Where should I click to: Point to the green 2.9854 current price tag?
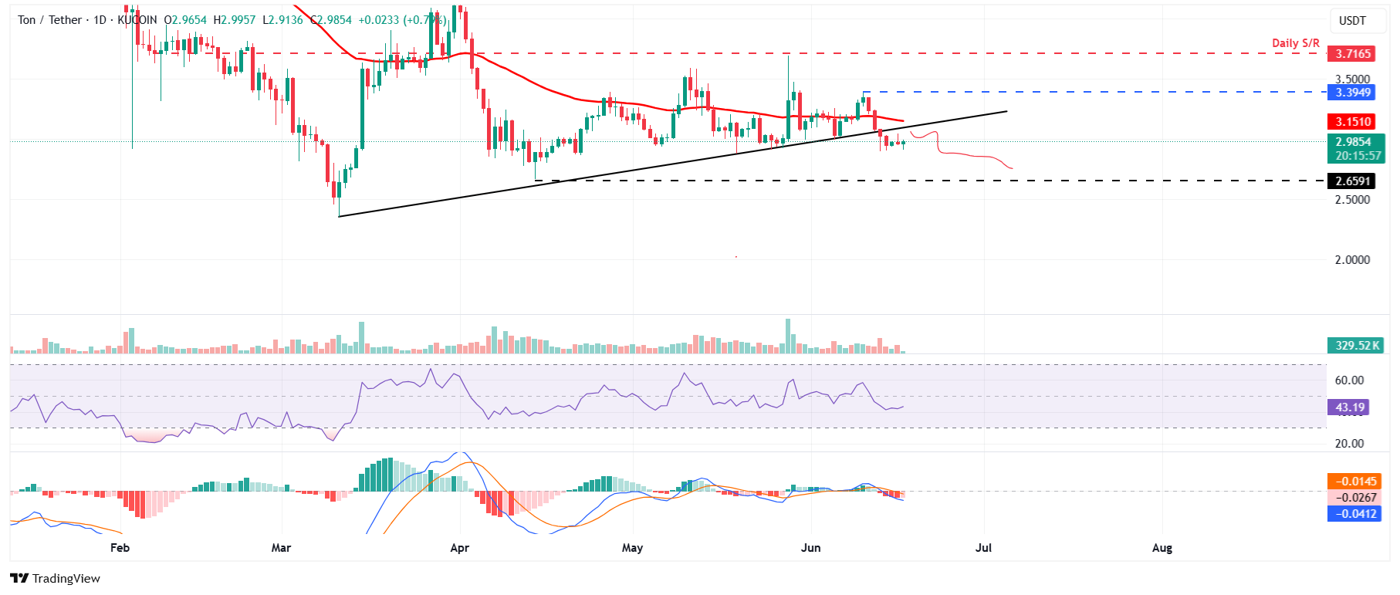(1354, 142)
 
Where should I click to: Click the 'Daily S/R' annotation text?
(1296, 43)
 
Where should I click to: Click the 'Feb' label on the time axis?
(120, 548)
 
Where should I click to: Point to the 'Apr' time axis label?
(459, 548)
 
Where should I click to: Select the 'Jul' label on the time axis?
(983, 548)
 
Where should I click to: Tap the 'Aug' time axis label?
(1162, 548)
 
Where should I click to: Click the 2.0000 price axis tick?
(1352, 260)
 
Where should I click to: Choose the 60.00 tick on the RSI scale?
(1349, 380)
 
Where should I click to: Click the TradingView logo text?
(66, 579)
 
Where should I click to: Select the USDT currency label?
(1352, 21)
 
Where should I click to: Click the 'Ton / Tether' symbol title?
(49, 20)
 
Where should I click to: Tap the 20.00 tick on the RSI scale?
(1349, 444)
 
